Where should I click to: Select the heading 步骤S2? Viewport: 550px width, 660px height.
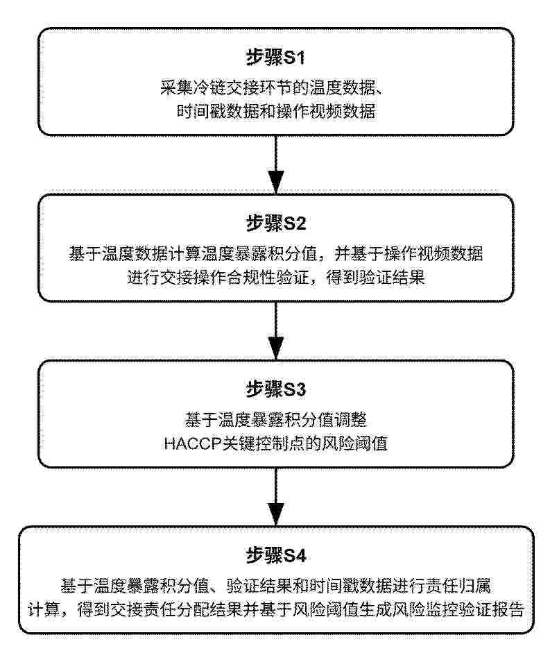(x=276, y=223)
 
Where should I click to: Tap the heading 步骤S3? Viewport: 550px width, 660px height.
(x=276, y=389)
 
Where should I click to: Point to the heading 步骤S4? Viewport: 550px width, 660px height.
(x=276, y=556)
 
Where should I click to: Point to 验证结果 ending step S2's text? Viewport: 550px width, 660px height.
(x=396, y=279)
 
